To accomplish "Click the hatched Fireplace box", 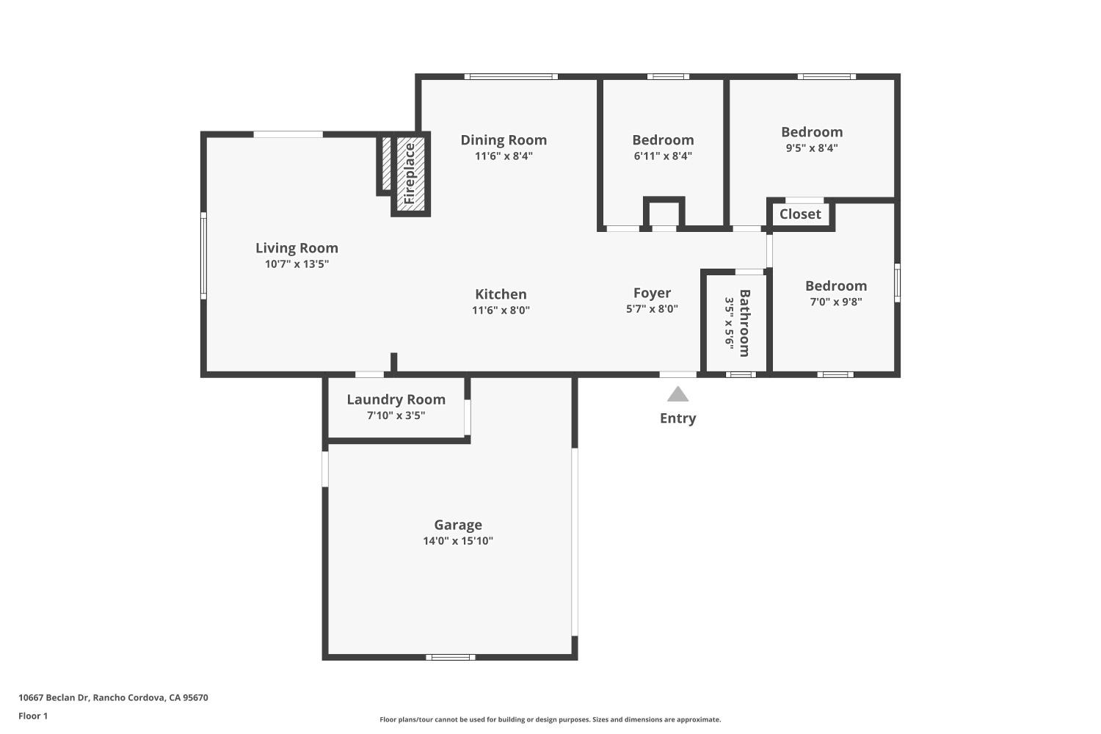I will [410, 174].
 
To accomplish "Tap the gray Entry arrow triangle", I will [677, 395].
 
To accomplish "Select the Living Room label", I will [297, 248].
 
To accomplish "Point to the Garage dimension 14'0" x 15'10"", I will [457, 541].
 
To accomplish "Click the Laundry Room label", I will [396, 399].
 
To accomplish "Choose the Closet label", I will [800, 214].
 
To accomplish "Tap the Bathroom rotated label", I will [744, 323].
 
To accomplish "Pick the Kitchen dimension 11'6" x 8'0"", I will [501, 310].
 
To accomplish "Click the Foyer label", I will [652, 293].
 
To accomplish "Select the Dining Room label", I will [504, 139].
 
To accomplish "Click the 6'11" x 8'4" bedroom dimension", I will [663, 156].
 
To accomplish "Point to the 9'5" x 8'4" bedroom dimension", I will [812, 148].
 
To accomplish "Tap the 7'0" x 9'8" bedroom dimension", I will [836, 302].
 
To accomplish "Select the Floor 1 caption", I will [33, 716].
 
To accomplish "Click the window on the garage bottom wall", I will [451, 657].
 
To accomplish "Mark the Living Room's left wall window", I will [203, 255].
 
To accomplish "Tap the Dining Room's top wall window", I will [511, 76].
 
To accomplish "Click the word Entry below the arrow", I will [677, 418].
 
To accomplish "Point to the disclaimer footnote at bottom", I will [550, 719].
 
